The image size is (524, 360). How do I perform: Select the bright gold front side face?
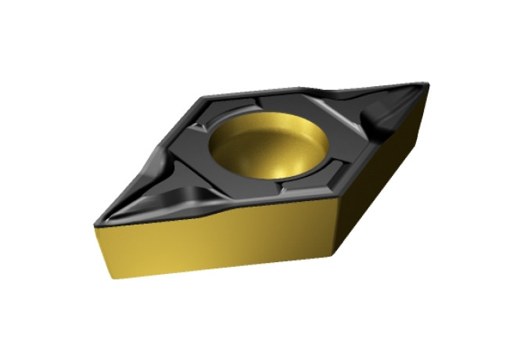click(x=211, y=243)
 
